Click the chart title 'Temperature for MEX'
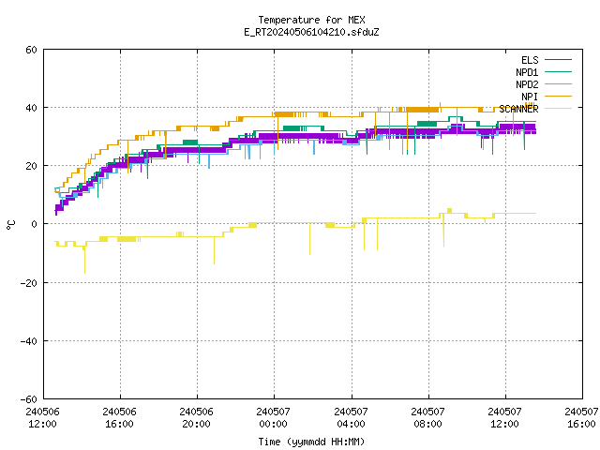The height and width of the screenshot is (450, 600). tap(311, 20)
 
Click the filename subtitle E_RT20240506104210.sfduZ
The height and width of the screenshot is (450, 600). tap(311, 32)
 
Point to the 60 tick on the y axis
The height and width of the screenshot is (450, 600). tap(31, 50)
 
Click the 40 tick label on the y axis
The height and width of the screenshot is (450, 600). tap(31, 108)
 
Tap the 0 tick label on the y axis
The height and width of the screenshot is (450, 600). tap(34, 224)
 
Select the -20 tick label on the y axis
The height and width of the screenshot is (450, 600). tap(29, 283)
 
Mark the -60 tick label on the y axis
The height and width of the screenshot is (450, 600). tap(29, 399)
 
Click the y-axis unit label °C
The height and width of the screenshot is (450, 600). tap(10, 225)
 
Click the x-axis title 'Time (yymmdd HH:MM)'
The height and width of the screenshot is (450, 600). tap(311, 442)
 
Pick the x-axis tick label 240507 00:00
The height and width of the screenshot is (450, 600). tap(273, 418)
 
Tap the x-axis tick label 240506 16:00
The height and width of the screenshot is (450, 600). tap(120, 418)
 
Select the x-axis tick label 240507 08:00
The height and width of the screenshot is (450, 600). tap(427, 418)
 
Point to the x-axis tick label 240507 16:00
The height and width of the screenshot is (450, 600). tap(581, 418)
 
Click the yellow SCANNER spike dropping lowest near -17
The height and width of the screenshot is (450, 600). tap(84, 260)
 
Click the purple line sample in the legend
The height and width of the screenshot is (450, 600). tap(558, 60)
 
